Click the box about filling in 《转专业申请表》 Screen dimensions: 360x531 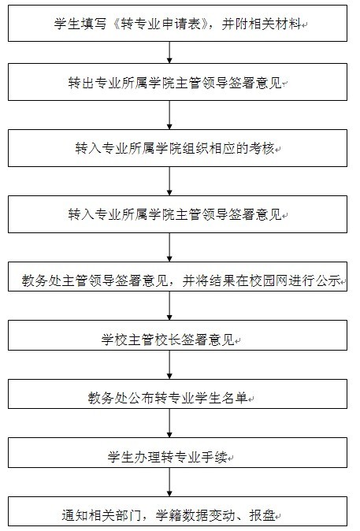click(x=177, y=23)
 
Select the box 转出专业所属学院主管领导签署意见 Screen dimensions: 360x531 click(x=177, y=82)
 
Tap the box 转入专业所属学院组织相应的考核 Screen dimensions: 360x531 click(x=177, y=148)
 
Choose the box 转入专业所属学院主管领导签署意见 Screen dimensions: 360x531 click(x=177, y=214)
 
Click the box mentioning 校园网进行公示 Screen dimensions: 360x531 click(x=177, y=277)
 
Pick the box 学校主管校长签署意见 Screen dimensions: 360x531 click(x=177, y=336)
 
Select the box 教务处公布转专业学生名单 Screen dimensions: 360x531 click(x=177, y=394)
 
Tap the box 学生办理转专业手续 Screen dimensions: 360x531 click(x=177, y=453)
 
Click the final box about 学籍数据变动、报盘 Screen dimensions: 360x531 click(x=177, y=511)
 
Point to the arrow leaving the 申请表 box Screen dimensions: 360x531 click(x=169, y=53)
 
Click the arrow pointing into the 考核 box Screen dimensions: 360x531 click(x=169, y=115)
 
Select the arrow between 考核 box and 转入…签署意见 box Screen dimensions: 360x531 click(x=169, y=181)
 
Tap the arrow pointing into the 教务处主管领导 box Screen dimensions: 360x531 click(x=169, y=247)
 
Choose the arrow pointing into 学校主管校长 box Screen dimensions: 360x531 click(x=169, y=306)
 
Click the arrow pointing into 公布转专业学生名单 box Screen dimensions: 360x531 click(x=169, y=365)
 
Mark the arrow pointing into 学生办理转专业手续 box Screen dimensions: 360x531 click(x=169, y=423)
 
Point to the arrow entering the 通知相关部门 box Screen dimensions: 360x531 click(x=169, y=482)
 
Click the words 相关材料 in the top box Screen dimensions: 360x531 click(x=275, y=24)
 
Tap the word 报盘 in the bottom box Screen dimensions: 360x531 click(x=262, y=515)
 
